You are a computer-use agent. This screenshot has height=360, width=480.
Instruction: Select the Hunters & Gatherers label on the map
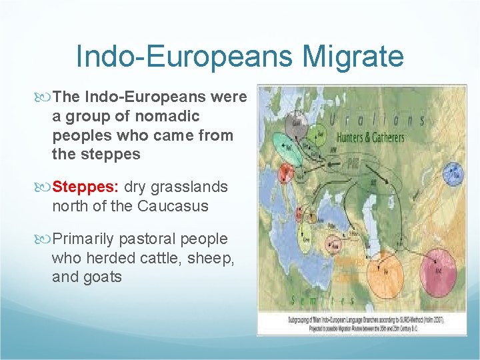pos(370,138)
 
